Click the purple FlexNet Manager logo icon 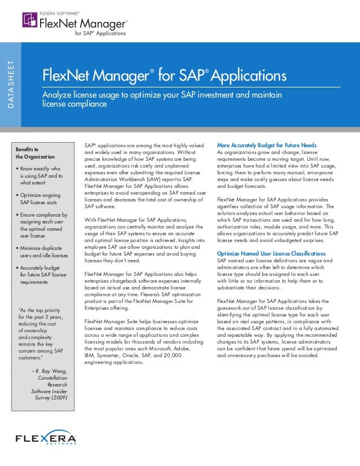pyautogui.click(x=29, y=21)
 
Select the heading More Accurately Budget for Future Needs pyautogui.click(x=267, y=146)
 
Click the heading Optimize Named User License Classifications pyautogui.click(x=271, y=254)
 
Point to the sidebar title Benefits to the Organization pyautogui.click(x=35, y=152)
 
